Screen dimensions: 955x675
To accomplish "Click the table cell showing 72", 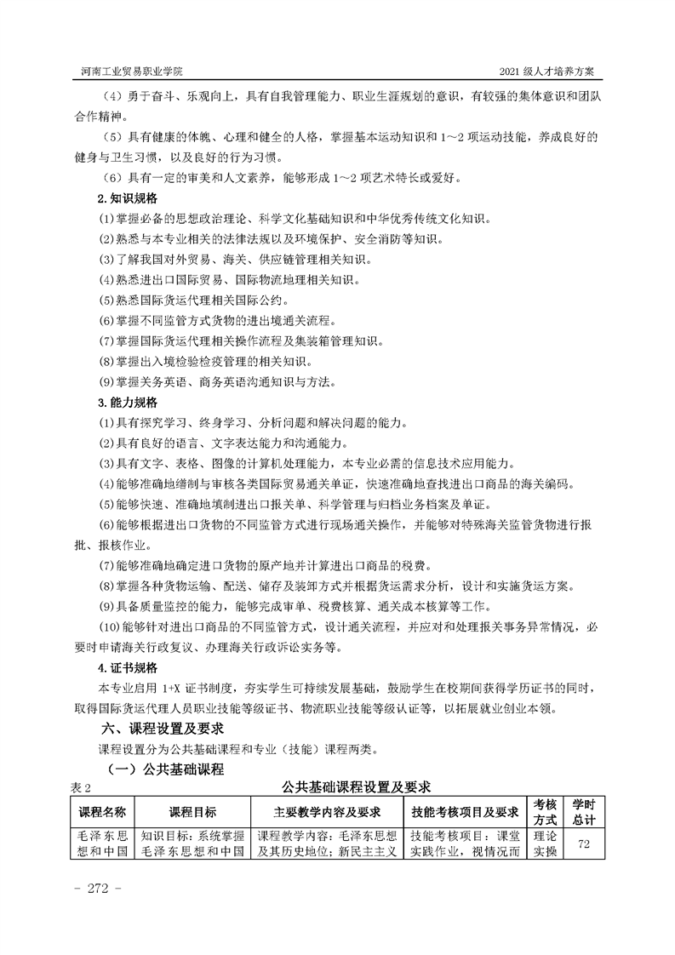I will (x=584, y=843).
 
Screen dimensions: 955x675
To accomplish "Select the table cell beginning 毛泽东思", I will (x=101, y=843).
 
